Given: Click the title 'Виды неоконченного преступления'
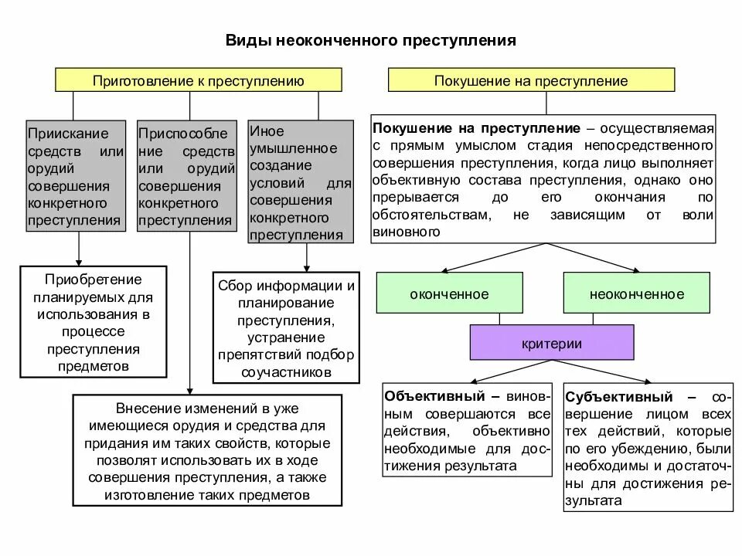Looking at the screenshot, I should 370,39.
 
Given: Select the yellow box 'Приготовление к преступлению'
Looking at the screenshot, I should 198,80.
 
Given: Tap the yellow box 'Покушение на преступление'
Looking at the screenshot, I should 531,80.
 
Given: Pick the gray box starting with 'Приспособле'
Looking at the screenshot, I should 186,176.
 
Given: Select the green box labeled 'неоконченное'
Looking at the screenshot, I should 636,293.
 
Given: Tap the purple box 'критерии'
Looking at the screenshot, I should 552,344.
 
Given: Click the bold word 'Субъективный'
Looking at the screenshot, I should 618,397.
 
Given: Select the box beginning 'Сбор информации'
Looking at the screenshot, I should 286,328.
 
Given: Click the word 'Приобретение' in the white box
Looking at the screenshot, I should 93,279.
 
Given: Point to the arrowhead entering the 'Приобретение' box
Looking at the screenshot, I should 79,262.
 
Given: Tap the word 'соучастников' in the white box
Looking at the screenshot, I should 286,371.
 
